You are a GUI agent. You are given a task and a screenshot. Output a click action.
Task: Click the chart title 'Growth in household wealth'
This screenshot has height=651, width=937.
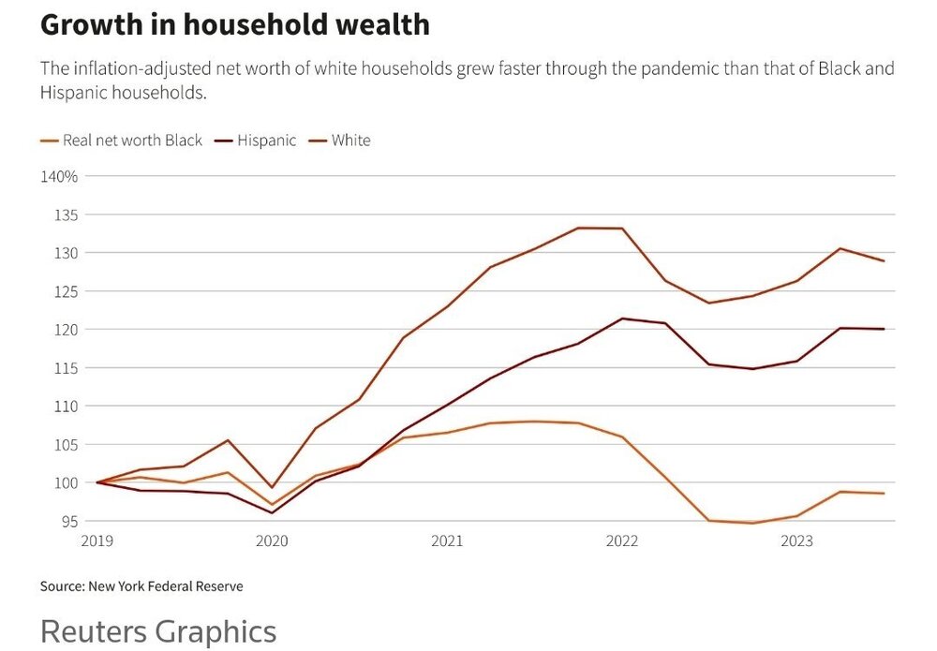[x=234, y=25]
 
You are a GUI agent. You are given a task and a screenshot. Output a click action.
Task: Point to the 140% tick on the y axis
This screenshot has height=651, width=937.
[x=58, y=176]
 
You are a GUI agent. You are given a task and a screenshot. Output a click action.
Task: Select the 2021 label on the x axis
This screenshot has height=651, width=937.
[x=447, y=540]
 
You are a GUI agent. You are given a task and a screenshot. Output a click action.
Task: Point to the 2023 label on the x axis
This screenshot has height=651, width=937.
[x=796, y=540]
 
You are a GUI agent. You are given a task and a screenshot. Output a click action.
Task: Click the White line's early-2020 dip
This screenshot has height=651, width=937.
[x=272, y=487]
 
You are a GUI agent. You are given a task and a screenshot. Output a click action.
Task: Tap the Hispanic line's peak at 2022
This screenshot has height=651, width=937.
[x=622, y=318]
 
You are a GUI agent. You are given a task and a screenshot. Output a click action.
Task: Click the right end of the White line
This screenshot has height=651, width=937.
[x=884, y=261]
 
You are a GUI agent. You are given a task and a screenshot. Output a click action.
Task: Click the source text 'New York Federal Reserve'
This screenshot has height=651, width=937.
[x=165, y=586]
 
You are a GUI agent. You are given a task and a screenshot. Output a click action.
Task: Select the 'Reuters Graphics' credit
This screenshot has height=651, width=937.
[x=158, y=630]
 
